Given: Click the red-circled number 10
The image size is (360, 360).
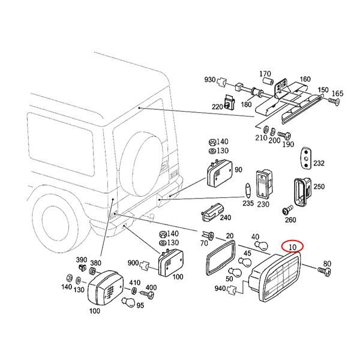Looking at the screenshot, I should click(x=292, y=247).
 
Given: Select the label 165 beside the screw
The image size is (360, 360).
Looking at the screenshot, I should click(x=338, y=93).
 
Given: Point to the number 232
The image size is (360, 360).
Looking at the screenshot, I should click(x=319, y=163).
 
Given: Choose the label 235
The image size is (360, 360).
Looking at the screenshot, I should click(x=248, y=203).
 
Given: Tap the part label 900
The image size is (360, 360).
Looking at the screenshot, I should click(x=134, y=263).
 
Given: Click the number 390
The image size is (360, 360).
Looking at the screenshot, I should click(x=81, y=260).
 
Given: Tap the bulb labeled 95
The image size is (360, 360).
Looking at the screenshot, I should click(x=127, y=302).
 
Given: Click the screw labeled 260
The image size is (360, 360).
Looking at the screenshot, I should click(x=287, y=211).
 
